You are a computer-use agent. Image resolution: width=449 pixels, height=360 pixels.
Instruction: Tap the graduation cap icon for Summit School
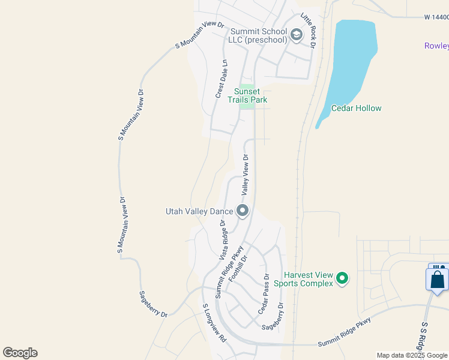point(296,35)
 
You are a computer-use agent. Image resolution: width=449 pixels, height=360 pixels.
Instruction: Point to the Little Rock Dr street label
point(309,31)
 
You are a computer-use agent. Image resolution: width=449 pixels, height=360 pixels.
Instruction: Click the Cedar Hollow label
point(357,109)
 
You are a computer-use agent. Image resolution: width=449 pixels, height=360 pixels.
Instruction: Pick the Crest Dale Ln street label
point(221,79)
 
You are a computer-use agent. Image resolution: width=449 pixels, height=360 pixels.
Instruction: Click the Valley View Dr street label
point(246,175)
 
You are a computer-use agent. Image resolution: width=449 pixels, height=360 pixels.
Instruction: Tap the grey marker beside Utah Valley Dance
point(243,211)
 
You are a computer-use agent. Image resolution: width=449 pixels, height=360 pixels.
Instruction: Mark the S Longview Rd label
point(214,323)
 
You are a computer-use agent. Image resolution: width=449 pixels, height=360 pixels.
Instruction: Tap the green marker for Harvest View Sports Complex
point(342,278)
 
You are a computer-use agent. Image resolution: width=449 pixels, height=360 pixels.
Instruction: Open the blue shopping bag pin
point(438,279)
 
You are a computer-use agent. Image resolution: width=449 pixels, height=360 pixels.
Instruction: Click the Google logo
point(20,353)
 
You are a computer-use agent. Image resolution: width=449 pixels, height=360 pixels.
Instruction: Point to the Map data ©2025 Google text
point(412,355)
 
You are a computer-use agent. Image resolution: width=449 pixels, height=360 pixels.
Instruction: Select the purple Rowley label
point(436,46)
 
